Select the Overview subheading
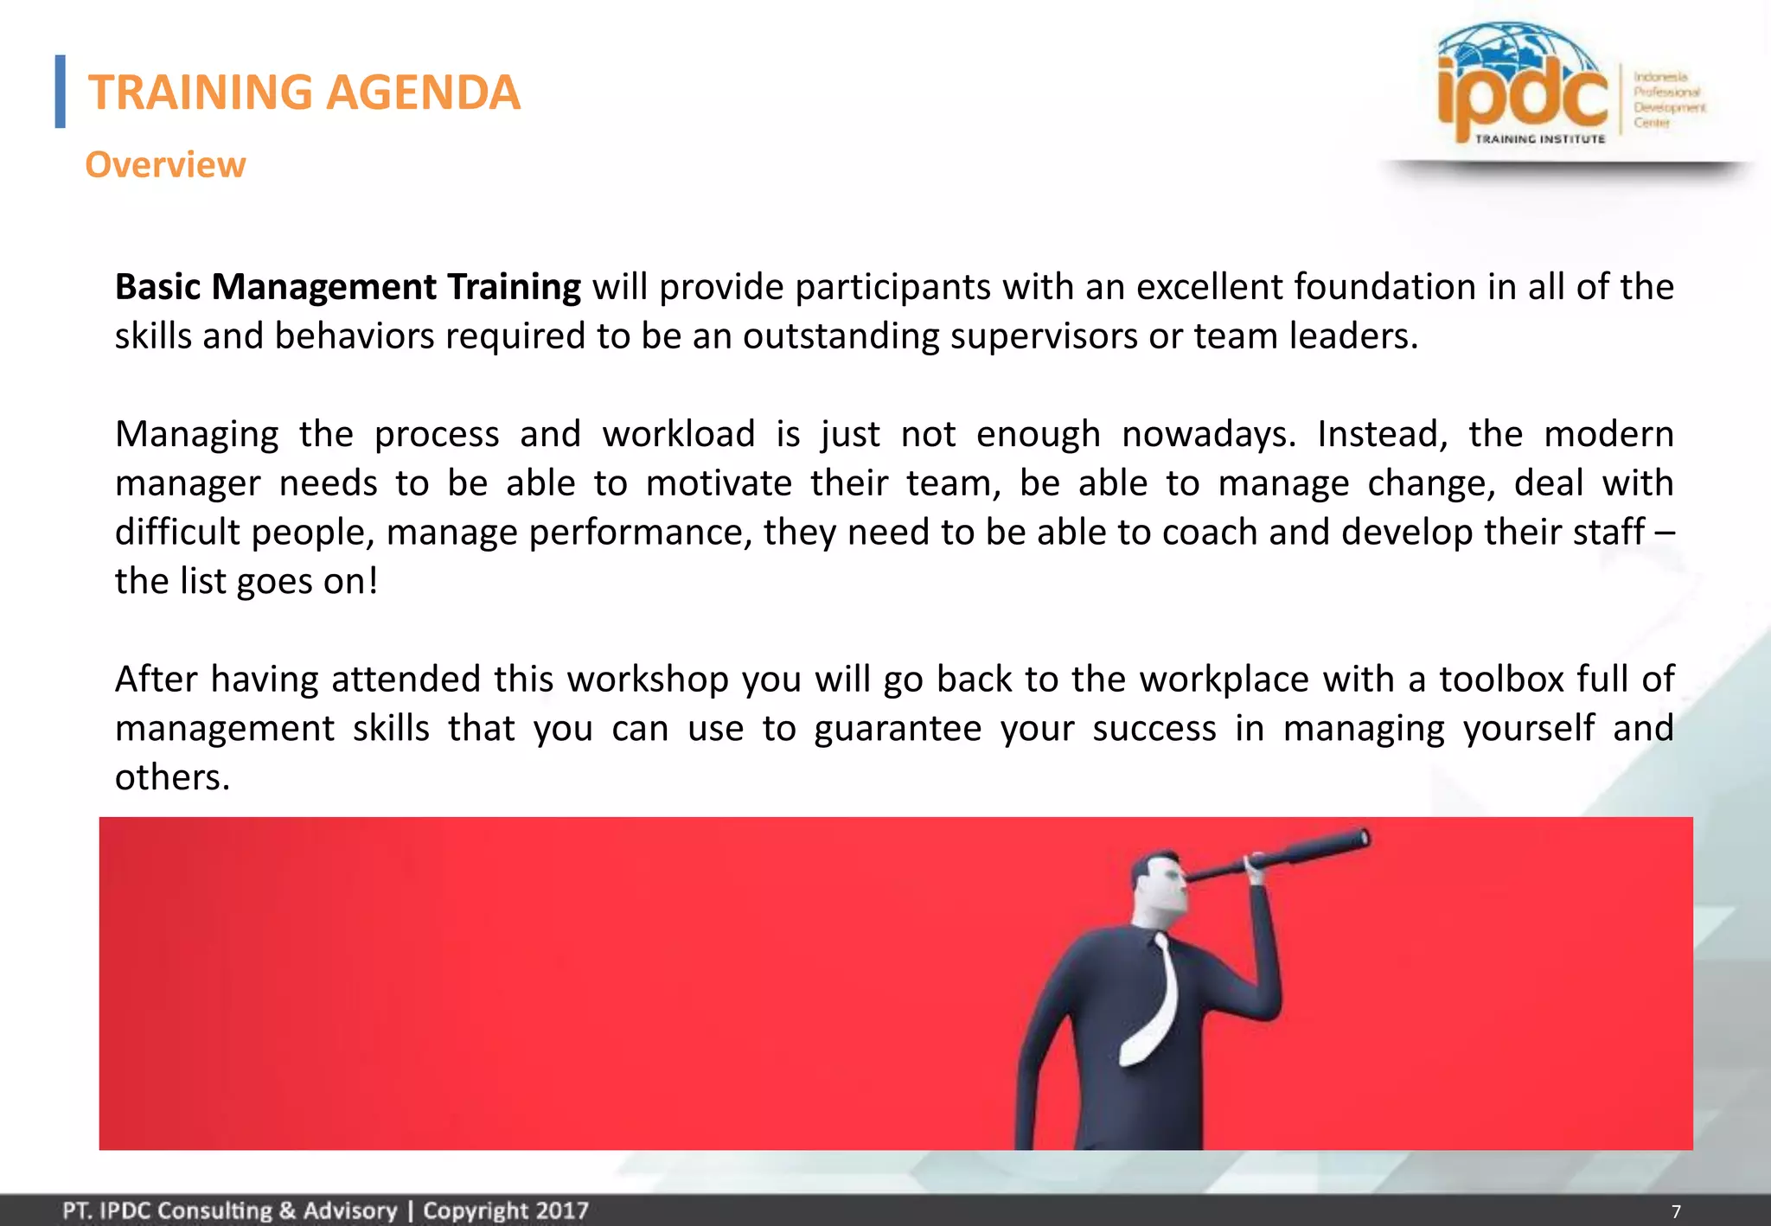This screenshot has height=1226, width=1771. (165, 164)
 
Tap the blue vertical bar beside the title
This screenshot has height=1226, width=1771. (60, 92)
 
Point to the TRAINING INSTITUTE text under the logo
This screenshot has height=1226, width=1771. (1539, 138)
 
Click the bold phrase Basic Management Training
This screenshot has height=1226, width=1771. (348, 287)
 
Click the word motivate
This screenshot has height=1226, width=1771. (719, 483)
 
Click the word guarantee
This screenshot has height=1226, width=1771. (897, 729)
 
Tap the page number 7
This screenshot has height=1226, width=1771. (1676, 1211)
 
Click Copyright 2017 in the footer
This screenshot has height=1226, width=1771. (505, 1210)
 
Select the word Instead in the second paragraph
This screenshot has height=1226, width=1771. (1381, 434)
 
